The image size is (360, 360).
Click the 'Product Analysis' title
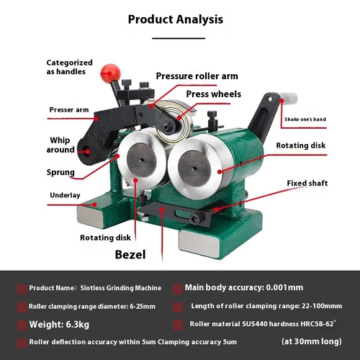176,19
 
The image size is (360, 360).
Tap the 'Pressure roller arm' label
197,76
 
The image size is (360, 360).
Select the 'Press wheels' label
214,94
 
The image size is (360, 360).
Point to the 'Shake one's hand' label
305,120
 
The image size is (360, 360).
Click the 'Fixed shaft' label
307,183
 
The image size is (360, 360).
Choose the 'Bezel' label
130,255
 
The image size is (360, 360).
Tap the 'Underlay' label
65,195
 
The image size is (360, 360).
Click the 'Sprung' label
60,172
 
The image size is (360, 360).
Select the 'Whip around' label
60,145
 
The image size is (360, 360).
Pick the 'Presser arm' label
69,109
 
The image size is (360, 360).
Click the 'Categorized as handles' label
69,67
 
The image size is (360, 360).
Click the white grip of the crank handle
289,98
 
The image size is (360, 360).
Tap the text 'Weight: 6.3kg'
59,324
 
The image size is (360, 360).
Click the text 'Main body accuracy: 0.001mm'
244,287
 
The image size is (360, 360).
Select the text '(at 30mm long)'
312,341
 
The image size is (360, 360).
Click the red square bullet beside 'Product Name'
22,289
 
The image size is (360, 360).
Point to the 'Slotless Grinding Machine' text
121,288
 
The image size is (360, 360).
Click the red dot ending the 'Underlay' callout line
95,204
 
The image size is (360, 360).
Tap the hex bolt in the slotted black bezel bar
195,218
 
